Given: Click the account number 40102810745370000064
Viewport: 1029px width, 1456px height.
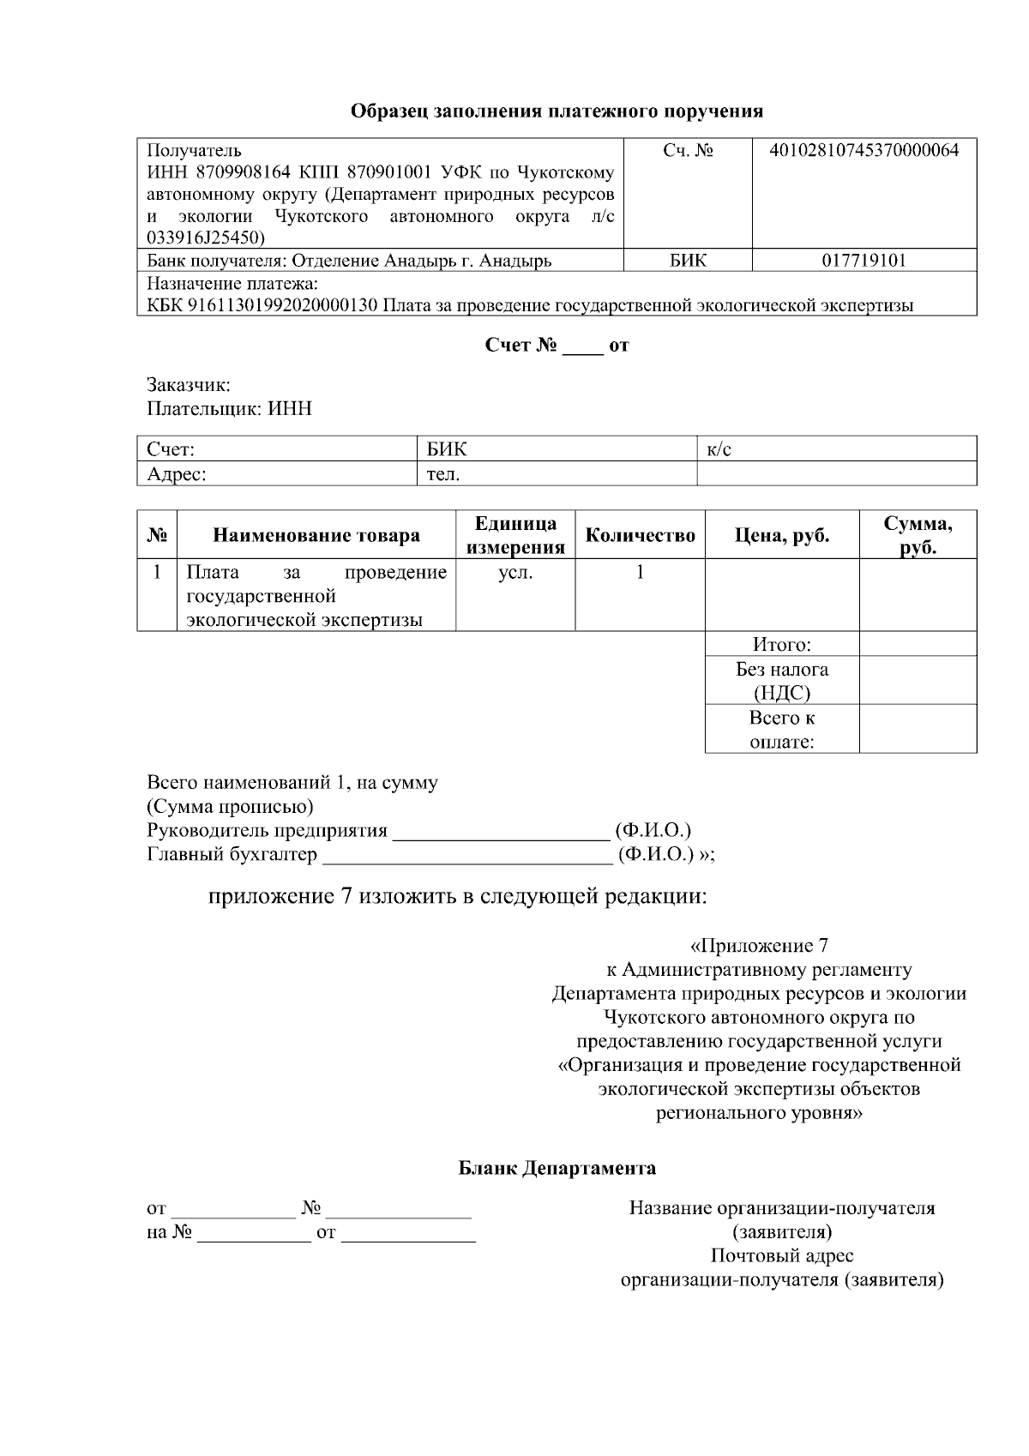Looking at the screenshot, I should point(864,152).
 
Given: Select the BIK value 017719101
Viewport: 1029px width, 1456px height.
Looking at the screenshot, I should point(864,261).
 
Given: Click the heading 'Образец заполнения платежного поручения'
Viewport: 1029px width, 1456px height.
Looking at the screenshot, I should point(557,111).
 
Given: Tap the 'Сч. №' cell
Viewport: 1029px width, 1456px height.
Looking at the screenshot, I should point(688,152).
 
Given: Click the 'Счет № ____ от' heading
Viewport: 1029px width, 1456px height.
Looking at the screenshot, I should point(557,346).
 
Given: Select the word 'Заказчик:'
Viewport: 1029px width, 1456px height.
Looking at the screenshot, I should point(189,386).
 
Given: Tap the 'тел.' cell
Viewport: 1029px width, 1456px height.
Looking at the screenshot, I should point(443,473).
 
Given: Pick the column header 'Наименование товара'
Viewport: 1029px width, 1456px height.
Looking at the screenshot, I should point(316,536).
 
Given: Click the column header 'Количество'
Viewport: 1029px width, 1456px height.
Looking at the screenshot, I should point(640,536).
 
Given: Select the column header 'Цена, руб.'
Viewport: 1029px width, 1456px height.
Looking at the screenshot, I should point(781,536).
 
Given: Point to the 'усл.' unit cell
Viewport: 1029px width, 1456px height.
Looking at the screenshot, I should point(515,573).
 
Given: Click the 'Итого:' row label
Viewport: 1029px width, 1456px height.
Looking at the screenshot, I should point(781,645).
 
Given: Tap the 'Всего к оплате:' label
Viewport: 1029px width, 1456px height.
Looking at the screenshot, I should point(781,730).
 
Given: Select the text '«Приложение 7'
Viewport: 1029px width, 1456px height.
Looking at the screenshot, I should point(759,947).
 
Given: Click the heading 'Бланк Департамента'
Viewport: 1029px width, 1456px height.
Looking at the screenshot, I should point(557,1168).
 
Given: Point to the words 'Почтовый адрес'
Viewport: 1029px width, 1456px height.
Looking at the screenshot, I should point(781,1256).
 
